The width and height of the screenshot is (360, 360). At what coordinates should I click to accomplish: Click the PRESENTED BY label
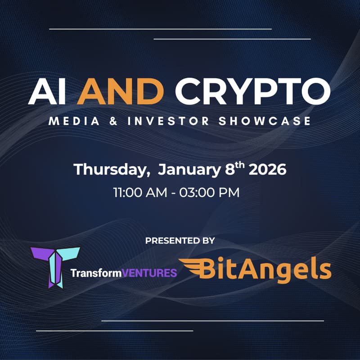pyautogui.click(x=180, y=241)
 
